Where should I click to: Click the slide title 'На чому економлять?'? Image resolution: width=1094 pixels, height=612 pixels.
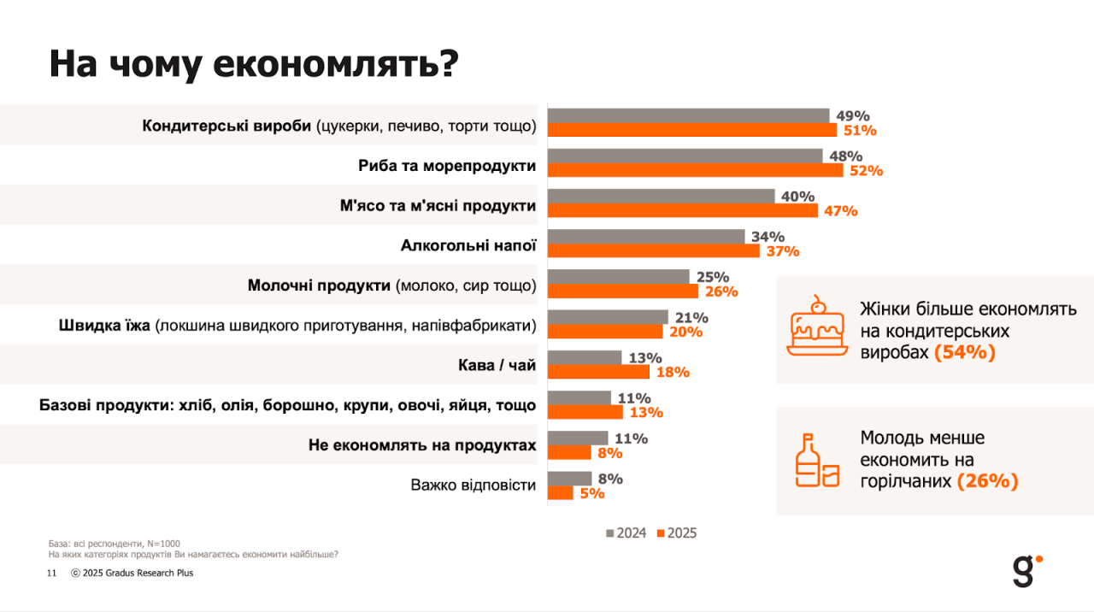point(254,66)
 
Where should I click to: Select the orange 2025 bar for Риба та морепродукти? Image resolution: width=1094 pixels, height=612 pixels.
point(695,170)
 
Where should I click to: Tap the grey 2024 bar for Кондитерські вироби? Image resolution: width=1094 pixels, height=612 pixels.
point(688,115)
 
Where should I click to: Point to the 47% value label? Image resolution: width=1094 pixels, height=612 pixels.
point(840,211)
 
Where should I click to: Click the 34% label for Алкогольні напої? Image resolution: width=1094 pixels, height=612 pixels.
point(768,237)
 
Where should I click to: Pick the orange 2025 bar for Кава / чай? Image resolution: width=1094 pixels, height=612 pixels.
point(598,372)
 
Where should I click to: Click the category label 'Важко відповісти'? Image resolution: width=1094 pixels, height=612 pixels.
point(473,485)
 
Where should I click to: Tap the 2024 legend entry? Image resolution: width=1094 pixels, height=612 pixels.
point(626,533)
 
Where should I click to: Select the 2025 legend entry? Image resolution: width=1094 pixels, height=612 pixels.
point(676,533)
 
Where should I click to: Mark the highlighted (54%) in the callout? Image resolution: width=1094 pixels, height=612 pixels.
point(965,352)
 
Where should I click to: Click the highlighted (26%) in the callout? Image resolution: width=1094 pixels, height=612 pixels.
point(987,481)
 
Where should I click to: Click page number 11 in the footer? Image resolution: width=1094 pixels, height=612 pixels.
point(51,574)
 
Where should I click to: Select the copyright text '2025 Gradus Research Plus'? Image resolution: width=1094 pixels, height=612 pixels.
point(138,574)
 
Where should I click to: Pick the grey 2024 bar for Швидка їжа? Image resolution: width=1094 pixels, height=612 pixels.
point(608,317)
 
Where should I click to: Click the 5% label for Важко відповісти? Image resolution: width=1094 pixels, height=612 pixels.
point(591,493)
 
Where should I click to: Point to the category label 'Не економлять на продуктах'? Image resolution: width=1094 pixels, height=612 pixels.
point(422,445)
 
